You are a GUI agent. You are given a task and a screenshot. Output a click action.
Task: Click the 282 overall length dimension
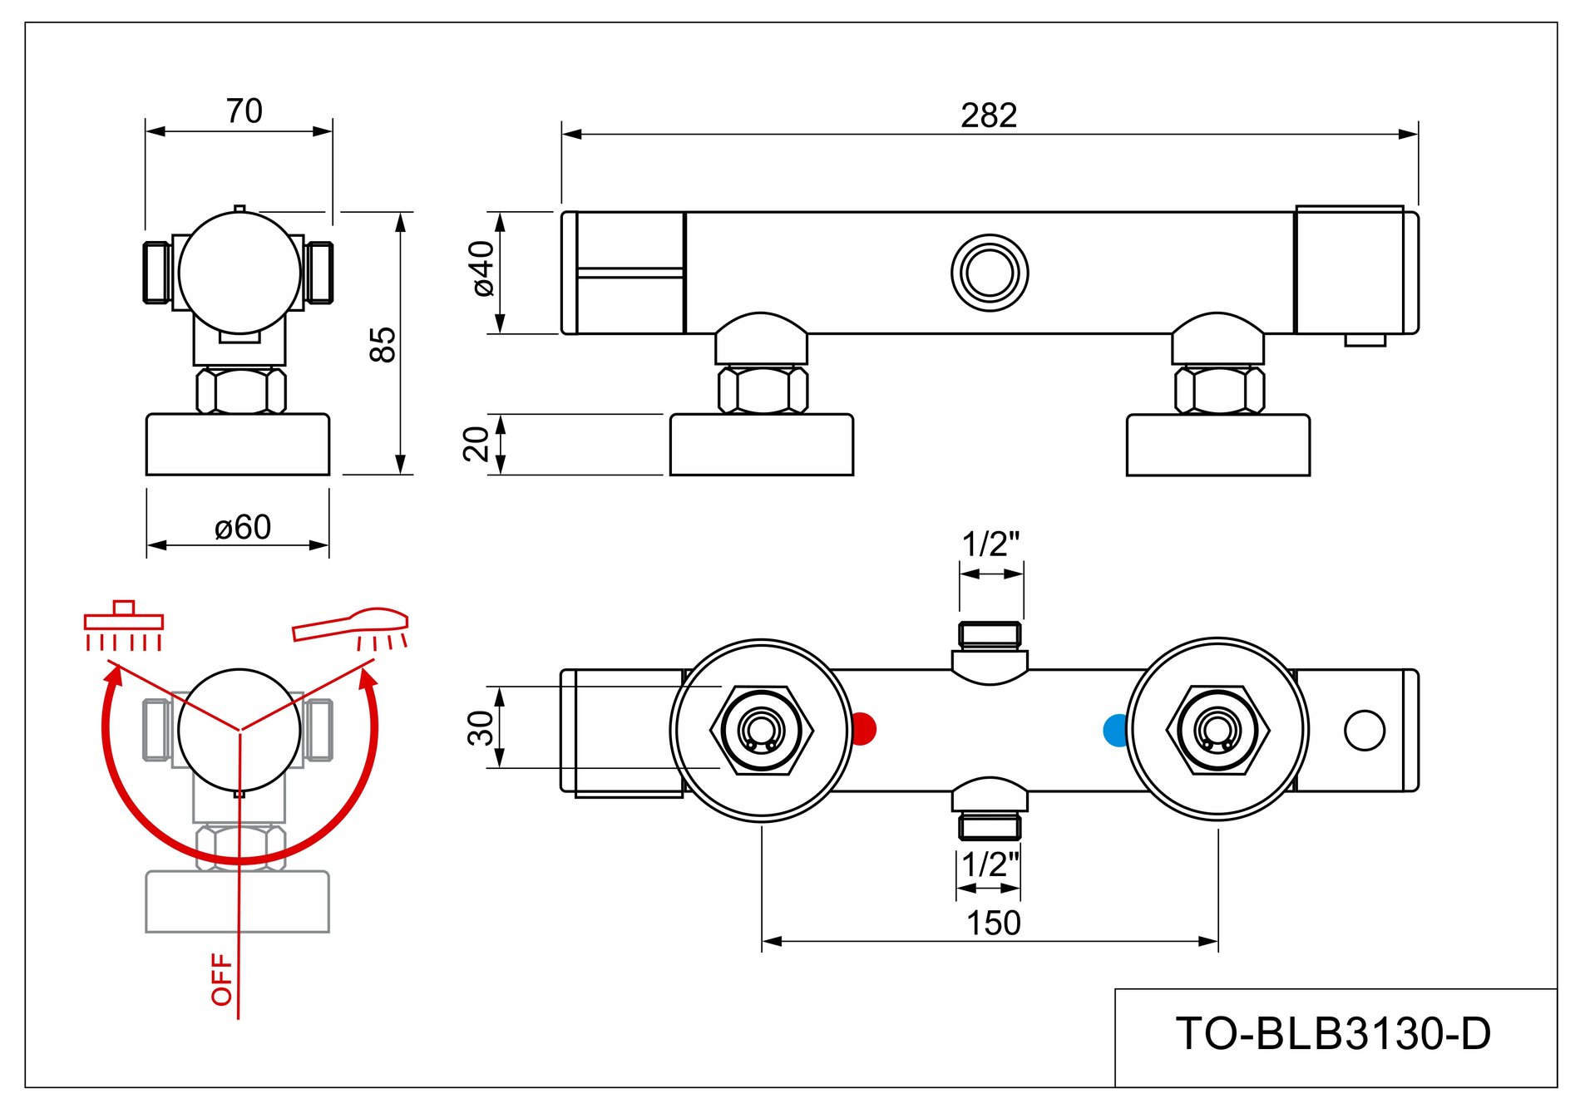pos(989,116)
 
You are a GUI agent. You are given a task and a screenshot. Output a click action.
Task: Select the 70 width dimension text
pos(244,111)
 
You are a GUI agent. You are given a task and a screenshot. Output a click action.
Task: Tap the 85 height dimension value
pos(383,344)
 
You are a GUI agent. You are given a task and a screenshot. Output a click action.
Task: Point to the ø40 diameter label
pos(482,268)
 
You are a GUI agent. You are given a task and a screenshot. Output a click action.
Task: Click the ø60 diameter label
pos(242,528)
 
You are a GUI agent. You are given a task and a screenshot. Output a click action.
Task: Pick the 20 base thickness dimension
pos(476,444)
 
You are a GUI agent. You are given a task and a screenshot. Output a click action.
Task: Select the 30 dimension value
pos(480,728)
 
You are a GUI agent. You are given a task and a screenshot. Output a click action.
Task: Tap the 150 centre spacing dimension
pos(993,923)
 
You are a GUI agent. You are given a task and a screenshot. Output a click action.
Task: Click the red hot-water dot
pos(864,729)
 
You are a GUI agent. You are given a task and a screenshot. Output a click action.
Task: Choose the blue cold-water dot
pos(1114,730)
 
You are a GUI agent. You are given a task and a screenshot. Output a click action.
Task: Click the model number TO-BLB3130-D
pos(1333,1034)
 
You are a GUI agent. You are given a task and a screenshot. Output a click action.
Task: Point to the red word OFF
pos(222,979)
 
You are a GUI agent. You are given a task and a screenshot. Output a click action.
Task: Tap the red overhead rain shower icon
pos(124,626)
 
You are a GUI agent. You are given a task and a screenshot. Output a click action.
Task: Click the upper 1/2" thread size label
pos(990,544)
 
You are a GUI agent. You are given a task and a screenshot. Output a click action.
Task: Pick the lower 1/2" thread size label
pos(990,865)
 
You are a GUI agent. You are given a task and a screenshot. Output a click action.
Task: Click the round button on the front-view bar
pos(990,273)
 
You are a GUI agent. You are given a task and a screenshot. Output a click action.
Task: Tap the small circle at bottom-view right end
pos(1364,731)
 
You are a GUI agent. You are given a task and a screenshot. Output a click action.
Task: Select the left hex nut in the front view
pos(763,390)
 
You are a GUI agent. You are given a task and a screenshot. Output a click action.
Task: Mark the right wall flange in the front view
pos(1217,446)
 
